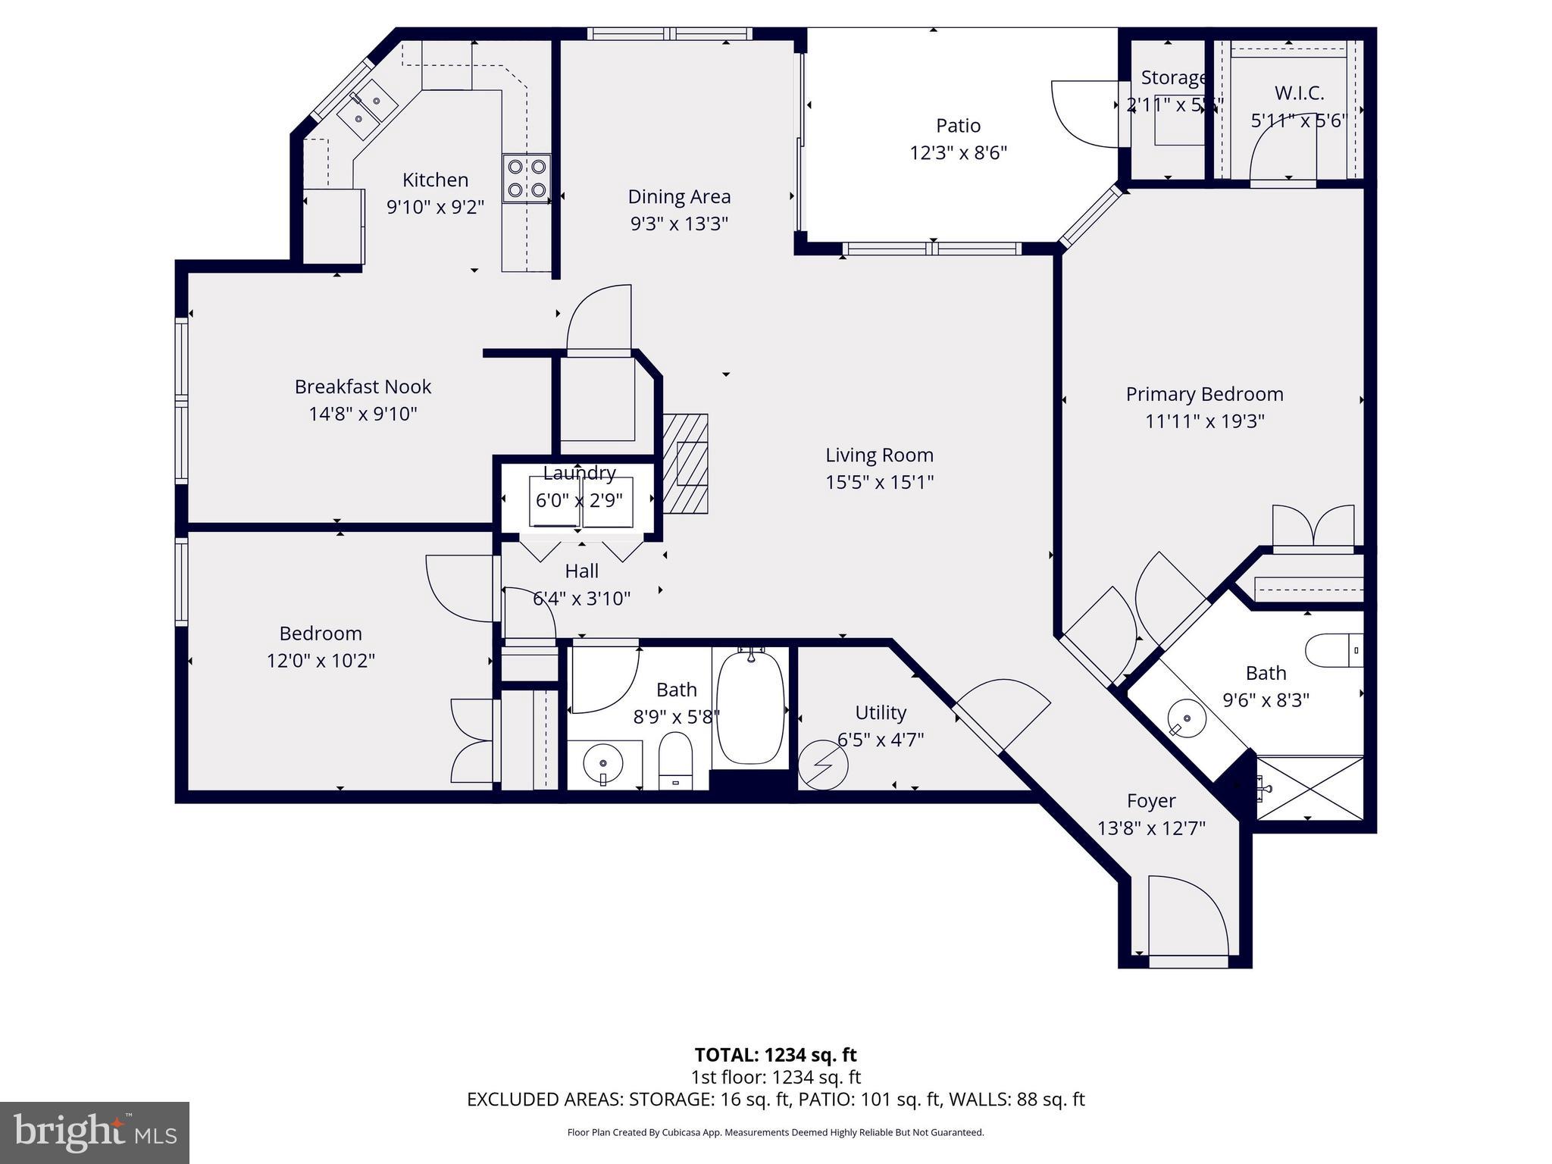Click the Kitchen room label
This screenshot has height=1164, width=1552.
point(435,180)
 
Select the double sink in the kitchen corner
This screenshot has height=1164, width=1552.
point(367,108)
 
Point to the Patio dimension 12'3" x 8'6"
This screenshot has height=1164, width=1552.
point(958,153)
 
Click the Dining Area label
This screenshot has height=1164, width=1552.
point(679,197)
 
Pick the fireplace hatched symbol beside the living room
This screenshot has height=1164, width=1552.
point(687,463)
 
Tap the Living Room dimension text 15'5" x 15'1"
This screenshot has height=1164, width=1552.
point(879,482)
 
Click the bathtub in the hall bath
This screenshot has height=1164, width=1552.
point(750,706)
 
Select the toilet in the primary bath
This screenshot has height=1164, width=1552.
point(1335,650)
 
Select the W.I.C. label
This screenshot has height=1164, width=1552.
point(1299,93)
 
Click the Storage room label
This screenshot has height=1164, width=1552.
point(1173,78)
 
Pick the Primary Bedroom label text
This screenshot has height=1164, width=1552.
point(1204,394)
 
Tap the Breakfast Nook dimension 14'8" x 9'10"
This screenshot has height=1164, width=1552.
point(363,414)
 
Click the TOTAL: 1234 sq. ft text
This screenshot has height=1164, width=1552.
point(775,1055)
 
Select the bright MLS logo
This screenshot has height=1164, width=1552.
point(95,1133)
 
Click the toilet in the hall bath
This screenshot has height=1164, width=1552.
point(675,760)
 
